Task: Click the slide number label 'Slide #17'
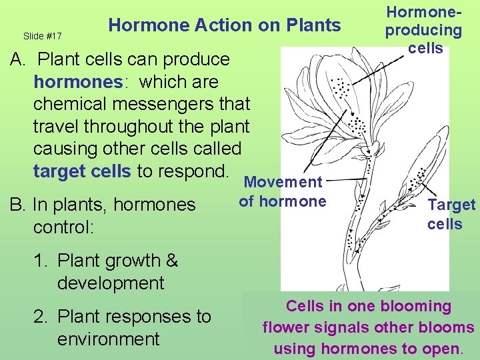pos(42,35)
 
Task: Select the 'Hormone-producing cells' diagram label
pos(424,30)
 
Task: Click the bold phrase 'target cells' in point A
pos(82,171)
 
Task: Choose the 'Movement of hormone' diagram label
pos(283,192)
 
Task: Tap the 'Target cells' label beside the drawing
pos(451,214)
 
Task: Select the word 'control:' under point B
pos(64,227)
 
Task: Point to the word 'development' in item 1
pos(110,283)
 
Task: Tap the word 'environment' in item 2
pos(108,339)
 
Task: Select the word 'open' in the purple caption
pos(443,349)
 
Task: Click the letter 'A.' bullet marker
pos(17,59)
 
